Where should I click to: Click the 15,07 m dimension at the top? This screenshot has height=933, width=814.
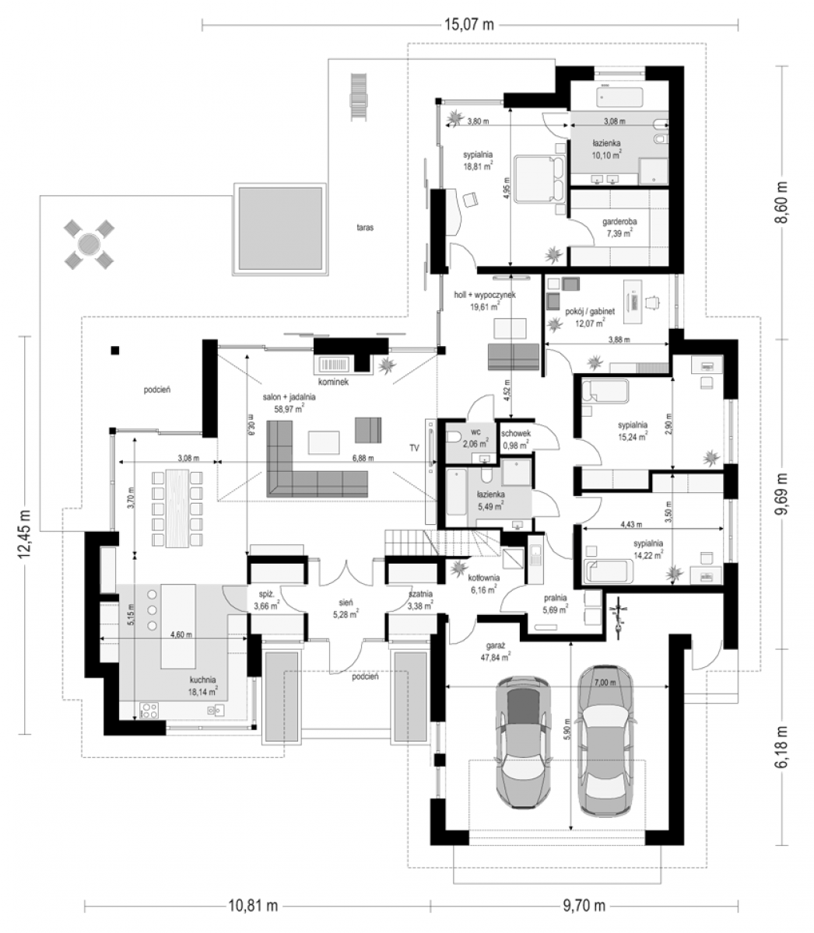coord(469,24)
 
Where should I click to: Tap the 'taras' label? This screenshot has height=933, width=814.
coord(365,227)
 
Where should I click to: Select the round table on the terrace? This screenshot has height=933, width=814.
coord(89,244)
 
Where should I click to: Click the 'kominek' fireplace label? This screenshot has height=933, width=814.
coord(334,381)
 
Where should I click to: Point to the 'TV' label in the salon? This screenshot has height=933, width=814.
coord(414,448)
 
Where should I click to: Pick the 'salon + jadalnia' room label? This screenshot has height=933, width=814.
coord(289,397)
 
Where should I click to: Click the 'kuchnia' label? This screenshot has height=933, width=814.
coord(203,680)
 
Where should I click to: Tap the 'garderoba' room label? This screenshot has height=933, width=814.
coord(619,222)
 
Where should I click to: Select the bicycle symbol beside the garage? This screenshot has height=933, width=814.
coord(619,617)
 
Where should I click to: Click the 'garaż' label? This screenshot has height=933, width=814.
coord(495,645)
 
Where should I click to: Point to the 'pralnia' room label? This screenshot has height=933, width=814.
coord(555,597)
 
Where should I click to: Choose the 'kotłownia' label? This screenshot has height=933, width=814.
coord(484,578)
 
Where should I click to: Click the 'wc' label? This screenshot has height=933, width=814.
coord(475,431)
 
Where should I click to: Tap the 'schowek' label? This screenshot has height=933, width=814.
coord(516,433)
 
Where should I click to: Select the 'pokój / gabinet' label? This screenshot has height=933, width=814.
coord(590,311)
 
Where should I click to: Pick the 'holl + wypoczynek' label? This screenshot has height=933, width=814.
coord(485,295)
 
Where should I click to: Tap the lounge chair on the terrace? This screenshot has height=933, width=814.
coord(359,97)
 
